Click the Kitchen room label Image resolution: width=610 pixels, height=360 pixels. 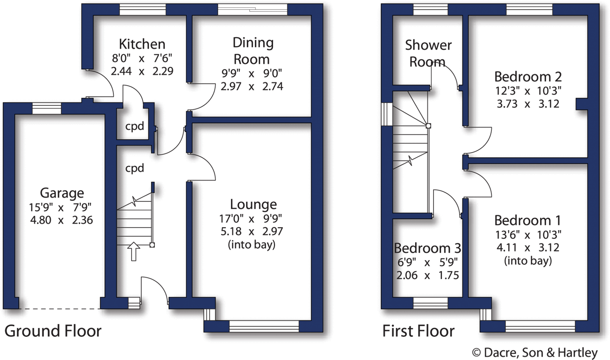click(142, 44)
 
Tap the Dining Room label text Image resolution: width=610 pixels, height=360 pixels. click(253, 51)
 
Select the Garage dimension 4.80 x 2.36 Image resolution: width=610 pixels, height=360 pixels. click(61, 220)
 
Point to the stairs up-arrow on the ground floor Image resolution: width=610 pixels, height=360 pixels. click(134, 251)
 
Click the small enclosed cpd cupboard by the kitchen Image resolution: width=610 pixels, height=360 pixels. click(134, 126)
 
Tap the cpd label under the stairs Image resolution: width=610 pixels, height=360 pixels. click(134, 168)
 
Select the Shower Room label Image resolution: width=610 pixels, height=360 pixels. click(428, 53)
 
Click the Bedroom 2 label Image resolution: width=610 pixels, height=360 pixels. click(528, 77)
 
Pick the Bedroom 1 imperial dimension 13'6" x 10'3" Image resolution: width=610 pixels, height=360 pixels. click(528, 235)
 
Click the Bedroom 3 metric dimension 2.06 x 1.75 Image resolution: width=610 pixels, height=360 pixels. click(427, 275)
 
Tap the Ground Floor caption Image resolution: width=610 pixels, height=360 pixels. click(53, 331)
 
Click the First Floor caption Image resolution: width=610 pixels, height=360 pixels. click(418, 331)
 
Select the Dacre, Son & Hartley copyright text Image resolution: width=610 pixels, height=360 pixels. click(535, 353)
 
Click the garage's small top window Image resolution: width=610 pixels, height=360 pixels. click(47, 108)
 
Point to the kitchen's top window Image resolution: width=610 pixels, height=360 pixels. click(142, 9)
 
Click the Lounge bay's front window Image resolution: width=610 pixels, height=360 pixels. click(264, 326)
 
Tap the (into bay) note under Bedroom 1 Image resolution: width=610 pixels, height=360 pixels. click(528, 261)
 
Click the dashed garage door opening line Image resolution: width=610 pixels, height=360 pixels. click(60, 309)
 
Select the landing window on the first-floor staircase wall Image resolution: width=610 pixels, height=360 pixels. click(387, 114)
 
